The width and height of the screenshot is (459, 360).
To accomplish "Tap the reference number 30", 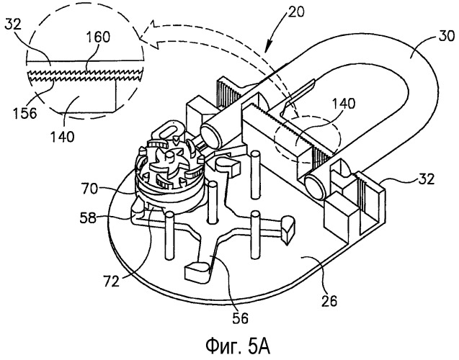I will pos(445,35).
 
